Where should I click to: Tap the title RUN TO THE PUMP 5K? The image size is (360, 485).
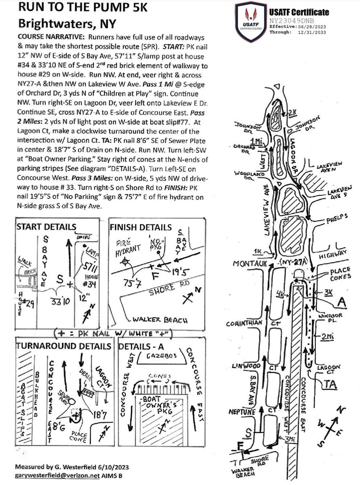tap(83, 7)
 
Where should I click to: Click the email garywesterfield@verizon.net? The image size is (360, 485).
tap(57, 476)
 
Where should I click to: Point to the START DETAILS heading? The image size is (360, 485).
tap(46, 227)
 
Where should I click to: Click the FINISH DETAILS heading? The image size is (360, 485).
tap(140, 227)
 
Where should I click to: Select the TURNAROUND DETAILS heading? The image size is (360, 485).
tap(63, 346)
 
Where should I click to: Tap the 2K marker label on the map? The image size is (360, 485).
tap(292, 112)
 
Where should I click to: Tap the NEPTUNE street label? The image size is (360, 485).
tap(242, 412)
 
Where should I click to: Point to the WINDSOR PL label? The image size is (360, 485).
tap(330, 318)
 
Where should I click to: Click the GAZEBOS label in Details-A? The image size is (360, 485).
tap(162, 356)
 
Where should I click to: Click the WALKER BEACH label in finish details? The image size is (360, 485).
tap(160, 320)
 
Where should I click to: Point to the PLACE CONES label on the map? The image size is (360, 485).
tap(340, 273)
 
